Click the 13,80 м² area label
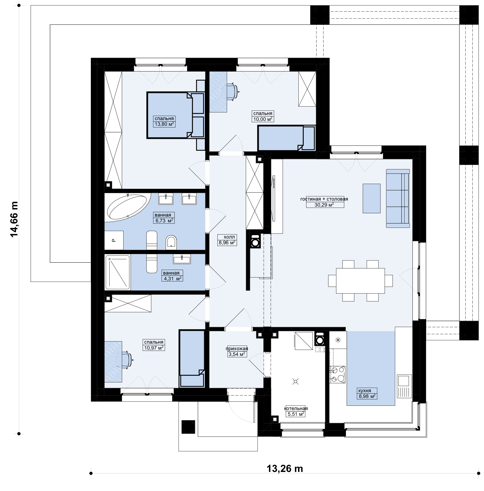pyautogui.click(x=164, y=124)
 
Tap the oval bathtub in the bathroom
pyautogui.click(x=127, y=207)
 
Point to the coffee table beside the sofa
pyautogui.click(x=371, y=198)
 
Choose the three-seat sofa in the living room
pyautogui.click(x=398, y=198)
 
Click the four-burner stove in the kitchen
pyautogui.click(x=338, y=375)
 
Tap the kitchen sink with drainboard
pyautogui.click(x=404, y=386)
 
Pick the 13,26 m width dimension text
pyautogui.click(x=285, y=469)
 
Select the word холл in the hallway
pyautogui.click(x=229, y=237)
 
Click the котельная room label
pyautogui.click(x=296, y=408)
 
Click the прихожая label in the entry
pyautogui.click(x=237, y=349)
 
